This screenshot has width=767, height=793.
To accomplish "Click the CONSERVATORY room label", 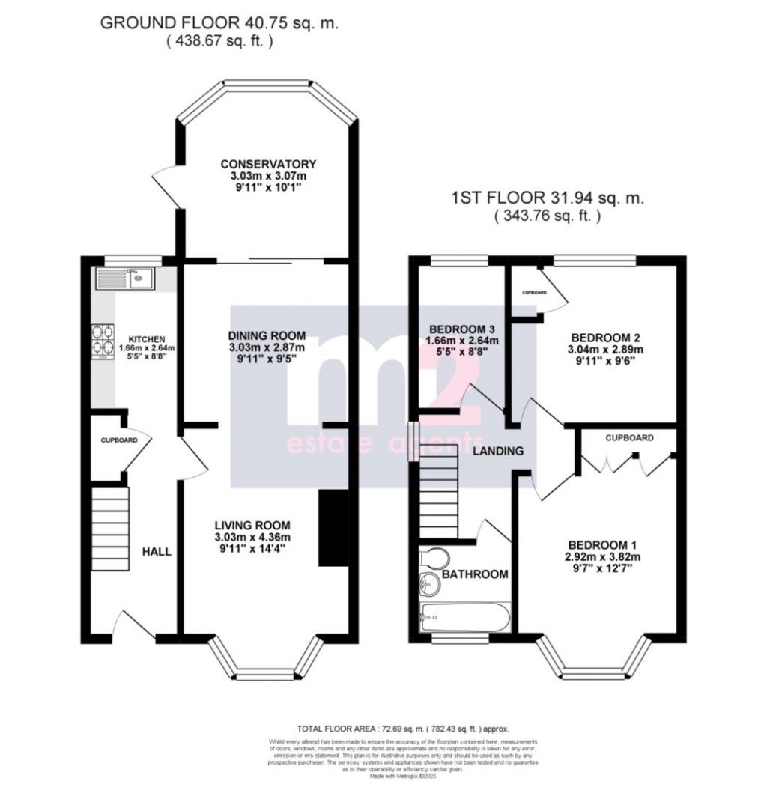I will [268, 165].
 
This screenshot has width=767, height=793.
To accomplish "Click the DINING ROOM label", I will [267, 335].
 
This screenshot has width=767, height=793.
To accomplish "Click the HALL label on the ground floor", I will [157, 552].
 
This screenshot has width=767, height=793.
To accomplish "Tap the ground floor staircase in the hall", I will [111, 523].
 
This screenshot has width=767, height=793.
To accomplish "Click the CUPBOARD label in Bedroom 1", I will [629, 438].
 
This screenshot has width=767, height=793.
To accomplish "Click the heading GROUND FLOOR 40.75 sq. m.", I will [219, 23].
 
